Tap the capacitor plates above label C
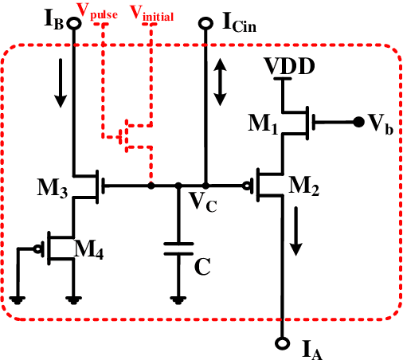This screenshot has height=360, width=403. tap(178, 249)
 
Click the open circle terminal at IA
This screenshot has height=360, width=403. tap(280, 344)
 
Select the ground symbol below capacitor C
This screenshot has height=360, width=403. tap(178, 299)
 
